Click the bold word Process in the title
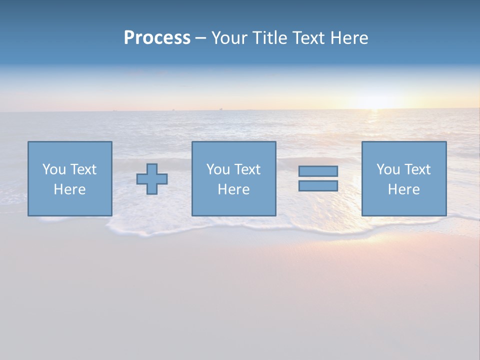point(157,38)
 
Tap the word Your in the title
point(228,38)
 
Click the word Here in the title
point(349,38)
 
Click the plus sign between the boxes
point(152,179)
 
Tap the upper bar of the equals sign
point(318,171)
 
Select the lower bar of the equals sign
point(318,185)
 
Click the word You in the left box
point(54,169)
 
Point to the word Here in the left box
point(69,189)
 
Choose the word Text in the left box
point(83,169)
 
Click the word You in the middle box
point(218,169)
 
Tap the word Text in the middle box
point(247,169)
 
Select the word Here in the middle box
point(233,189)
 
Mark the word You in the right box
point(388,169)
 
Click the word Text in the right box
point(417,169)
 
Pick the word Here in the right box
point(403,189)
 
